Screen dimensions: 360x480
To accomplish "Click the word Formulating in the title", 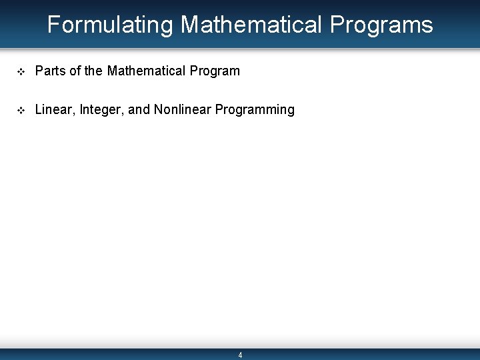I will coord(110,25).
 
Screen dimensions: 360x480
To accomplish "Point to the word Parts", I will coord(48,71).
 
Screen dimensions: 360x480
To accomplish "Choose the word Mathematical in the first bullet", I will coord(147,71).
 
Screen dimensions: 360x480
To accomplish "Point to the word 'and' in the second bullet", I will coord(139,109).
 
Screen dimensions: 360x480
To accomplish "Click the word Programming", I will coord(255,109).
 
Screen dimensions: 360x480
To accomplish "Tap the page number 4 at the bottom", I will coord(240,355).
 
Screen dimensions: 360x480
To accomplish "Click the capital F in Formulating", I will coord(53,25).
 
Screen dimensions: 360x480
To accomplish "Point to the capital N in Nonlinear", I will coord(158,109).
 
